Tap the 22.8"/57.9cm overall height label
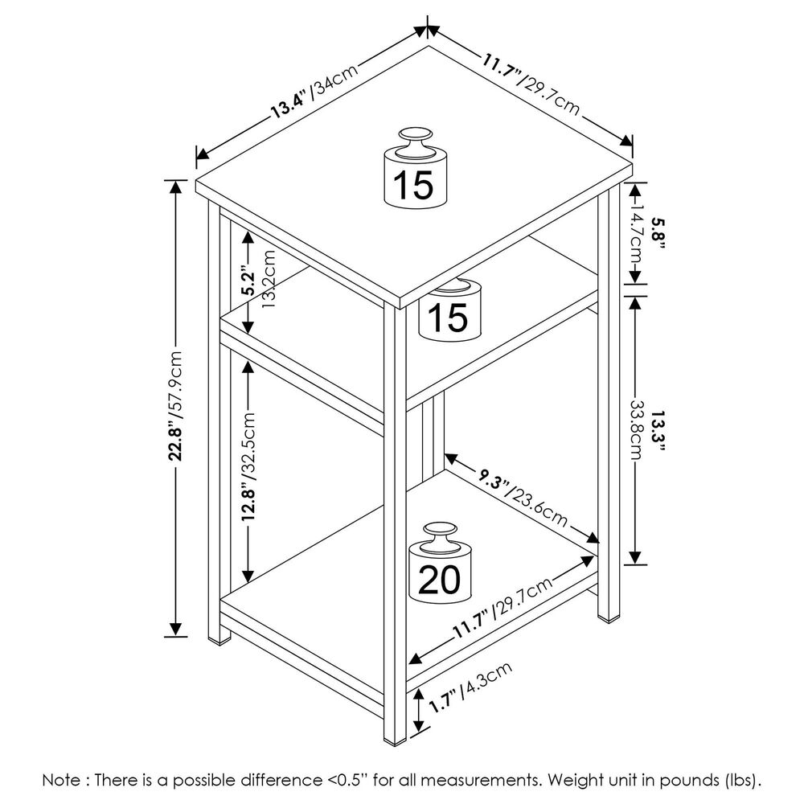tap(178, 406)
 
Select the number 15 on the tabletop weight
tap(413, 186)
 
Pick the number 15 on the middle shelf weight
tap(447, 318)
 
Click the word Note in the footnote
tap(63, 780)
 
